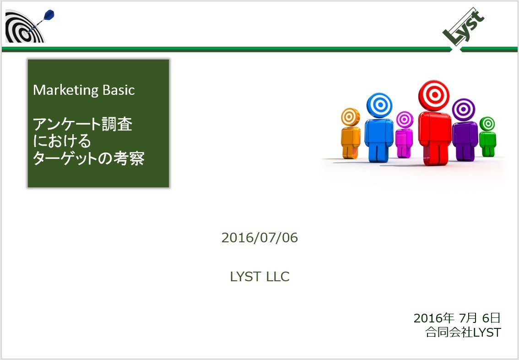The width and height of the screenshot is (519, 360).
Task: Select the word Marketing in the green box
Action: coord(65,90)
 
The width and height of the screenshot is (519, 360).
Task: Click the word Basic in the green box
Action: coord(119,90)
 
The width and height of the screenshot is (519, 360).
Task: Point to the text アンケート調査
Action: coord(83,124)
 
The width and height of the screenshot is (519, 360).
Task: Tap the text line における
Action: coord(62,141)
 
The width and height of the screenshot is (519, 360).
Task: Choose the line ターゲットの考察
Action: coord(89,158)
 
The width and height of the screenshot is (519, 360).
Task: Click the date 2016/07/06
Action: coord(259,238)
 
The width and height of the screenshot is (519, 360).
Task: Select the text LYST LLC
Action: coord(260,277)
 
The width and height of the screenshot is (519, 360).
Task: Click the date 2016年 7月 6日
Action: coord(457,318)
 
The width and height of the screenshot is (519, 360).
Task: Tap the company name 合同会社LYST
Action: coord(463,332)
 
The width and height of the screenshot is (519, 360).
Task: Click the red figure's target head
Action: coord(433,95)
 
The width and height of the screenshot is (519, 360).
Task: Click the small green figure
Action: coord(487,136)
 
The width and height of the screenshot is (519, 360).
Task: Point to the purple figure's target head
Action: coord(463,109)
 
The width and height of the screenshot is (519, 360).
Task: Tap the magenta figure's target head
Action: coord(405,120)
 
